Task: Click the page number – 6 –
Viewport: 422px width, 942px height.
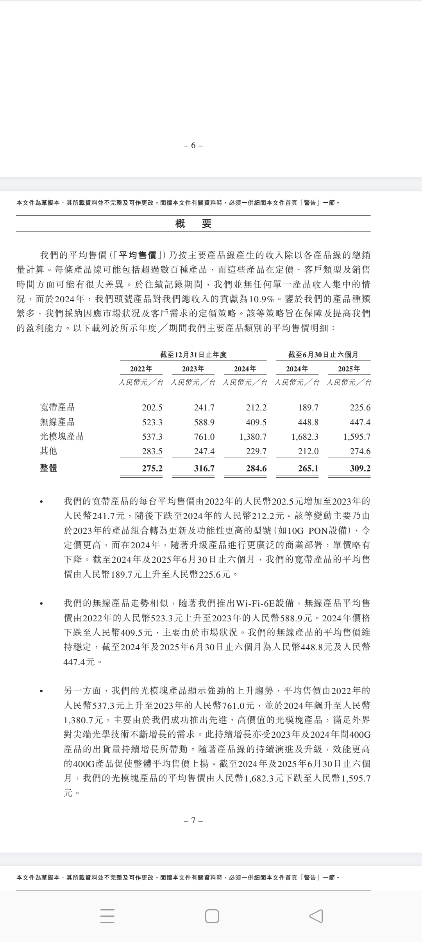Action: coord(193,145)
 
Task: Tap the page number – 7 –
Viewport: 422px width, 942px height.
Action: coord(193,820)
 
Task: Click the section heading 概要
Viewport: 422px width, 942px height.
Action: coord(193,224)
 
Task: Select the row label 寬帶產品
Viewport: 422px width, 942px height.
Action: coord(57,407)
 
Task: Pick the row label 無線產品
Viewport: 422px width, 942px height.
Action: coord(57,422)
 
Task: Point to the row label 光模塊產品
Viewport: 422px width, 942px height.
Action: coord(62,436)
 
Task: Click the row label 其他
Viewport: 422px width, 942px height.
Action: coord(48,451)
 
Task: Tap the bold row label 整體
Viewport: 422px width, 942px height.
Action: coord(48,468)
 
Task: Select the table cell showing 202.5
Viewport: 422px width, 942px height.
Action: coord(152,408)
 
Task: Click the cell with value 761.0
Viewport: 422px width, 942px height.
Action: coord(204,437)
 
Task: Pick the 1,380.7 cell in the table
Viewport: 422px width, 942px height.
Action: coord(253,437)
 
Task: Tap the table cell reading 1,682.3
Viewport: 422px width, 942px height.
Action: coord(305,437)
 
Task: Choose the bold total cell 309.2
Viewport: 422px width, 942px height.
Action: coord(360,468)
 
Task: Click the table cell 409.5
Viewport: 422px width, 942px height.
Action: coord(256,422)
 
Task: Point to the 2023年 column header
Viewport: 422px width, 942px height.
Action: coord(193,369)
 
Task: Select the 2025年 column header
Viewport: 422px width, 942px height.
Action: coord(349,369)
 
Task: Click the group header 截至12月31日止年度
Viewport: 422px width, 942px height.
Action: coord(193,355)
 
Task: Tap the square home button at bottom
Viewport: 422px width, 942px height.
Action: coord(212,916)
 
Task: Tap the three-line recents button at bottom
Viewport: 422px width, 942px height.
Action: coord(107,916)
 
